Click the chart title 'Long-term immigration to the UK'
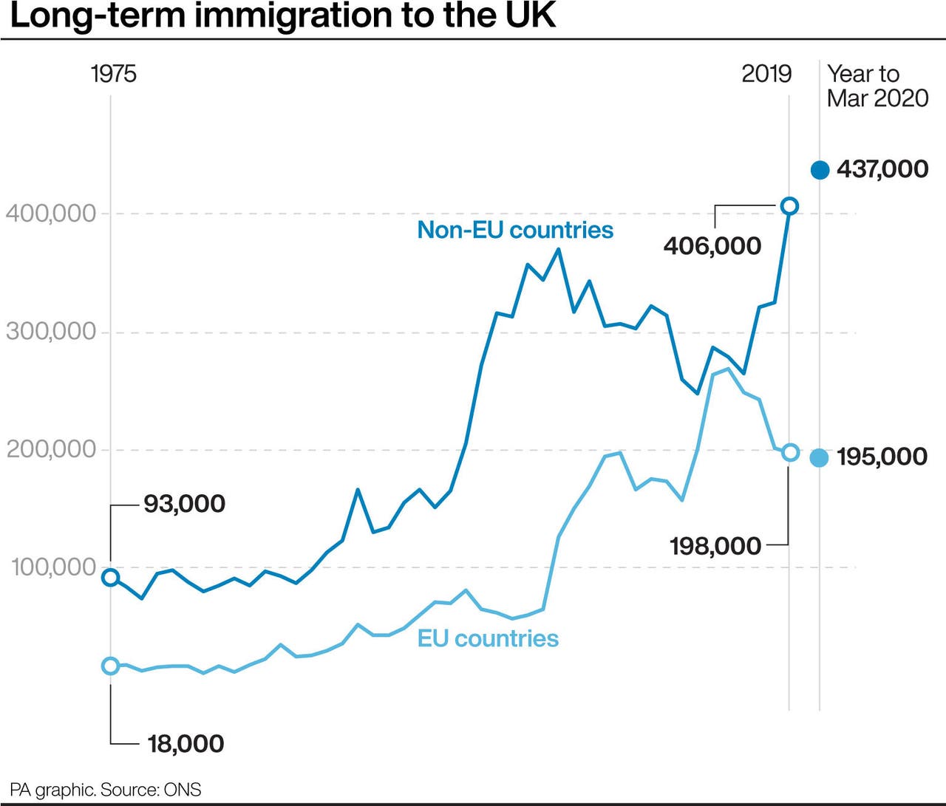click(282, 16)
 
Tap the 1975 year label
click(113, 74)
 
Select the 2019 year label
click(766, 74)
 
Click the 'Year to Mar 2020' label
click(877, 86)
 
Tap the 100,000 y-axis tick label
click(54, 567)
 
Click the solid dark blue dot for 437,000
click(820, 170)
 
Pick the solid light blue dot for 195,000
click(819, 458)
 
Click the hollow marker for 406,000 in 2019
click(789, 206)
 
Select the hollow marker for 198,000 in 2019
click(790, 452)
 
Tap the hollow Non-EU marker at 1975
click(111, 578)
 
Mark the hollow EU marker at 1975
click(111, 666)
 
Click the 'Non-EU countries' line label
click(515, 230)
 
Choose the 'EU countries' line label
click(488, 638)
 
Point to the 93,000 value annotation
click(184, 504)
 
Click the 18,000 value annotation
click(186, 743)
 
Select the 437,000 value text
click(882, 169)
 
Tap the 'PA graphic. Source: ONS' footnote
click(106, 790)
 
